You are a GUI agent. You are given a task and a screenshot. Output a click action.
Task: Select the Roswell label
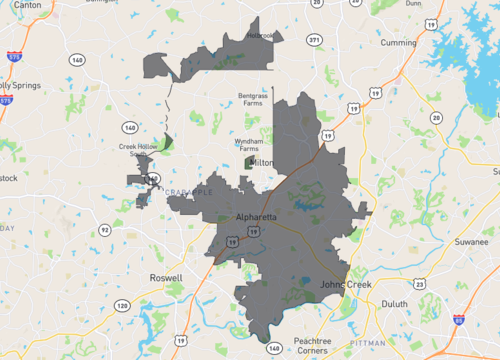[166, 277]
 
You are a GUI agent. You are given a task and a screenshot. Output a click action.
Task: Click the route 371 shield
[315, 40]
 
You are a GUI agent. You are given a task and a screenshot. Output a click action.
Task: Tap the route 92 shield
[104, 230]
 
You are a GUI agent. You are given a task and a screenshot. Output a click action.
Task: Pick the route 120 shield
[123, 304]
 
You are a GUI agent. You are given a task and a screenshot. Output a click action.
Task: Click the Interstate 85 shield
[457, 322]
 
